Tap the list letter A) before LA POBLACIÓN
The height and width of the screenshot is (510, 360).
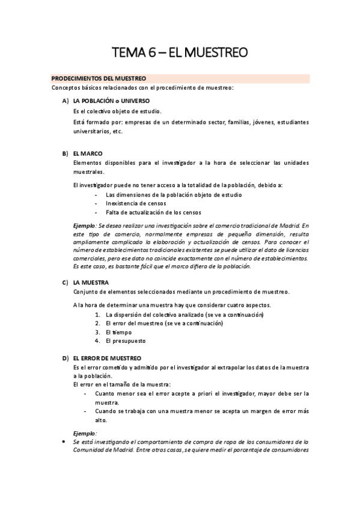(65, 100)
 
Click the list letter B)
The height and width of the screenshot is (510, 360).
(65, 153)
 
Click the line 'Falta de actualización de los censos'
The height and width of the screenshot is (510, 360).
(153, 212)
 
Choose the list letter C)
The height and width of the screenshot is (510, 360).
(65, 282)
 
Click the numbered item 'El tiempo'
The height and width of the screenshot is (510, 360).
(118, 332)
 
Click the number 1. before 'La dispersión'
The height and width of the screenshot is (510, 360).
(98, 315)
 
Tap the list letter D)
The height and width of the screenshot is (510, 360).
(65, 358)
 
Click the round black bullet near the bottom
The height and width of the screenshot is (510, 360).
(64, 441)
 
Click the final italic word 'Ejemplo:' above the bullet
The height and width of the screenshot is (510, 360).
(85, 432)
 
